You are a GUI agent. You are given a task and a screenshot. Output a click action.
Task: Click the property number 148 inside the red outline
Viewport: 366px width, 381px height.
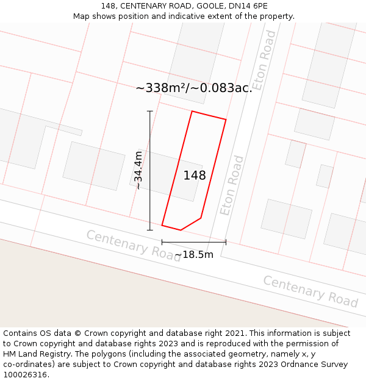[x=195, y=176]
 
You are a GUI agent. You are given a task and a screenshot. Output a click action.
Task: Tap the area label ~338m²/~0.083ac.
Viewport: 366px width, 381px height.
[x=194, y=88]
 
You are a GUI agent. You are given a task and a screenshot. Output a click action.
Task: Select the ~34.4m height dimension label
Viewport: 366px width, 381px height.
[x=138, y=170]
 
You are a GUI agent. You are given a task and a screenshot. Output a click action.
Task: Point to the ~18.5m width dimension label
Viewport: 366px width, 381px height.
[x=194, y=254]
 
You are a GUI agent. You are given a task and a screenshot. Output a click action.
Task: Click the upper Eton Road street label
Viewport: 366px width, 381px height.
[x=265, y=60]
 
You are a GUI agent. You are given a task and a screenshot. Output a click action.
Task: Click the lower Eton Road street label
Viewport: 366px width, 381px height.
[x=232, y=185]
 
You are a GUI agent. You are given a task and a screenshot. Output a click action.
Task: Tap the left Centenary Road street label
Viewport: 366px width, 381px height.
[x=133, y=246]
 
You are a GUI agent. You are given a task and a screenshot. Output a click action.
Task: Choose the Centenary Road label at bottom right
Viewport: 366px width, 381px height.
[x=310, y=291]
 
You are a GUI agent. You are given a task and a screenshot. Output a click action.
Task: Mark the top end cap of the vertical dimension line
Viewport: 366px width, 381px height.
[x=150, y=111]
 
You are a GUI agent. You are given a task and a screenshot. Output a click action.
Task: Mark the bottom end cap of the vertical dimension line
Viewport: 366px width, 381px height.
[x=150, y=230]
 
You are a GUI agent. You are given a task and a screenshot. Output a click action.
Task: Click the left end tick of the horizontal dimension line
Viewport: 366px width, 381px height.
[x=162, y=242]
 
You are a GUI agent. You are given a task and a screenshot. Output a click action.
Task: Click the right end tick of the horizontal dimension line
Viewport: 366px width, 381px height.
[x=226, y=242]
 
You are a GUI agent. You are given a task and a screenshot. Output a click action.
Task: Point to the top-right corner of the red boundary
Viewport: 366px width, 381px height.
[x=226, y=119]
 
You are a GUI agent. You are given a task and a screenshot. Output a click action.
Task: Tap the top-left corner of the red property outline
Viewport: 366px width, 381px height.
[x=192, y=112]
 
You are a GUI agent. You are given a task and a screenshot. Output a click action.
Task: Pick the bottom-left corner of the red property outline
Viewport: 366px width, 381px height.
[x=162, y=225]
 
